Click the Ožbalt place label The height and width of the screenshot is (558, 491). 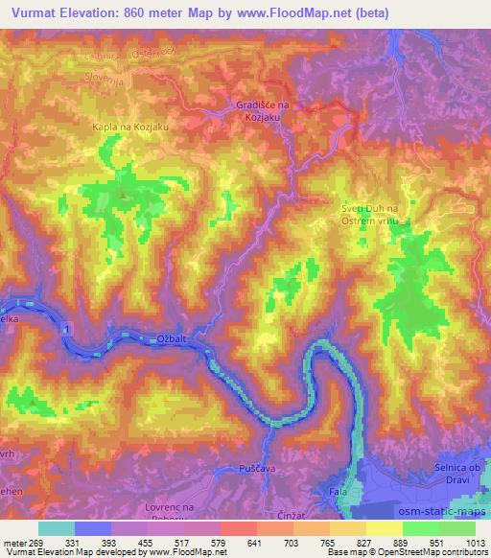(173, 337)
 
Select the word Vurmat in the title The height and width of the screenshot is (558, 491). (35, 12)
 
